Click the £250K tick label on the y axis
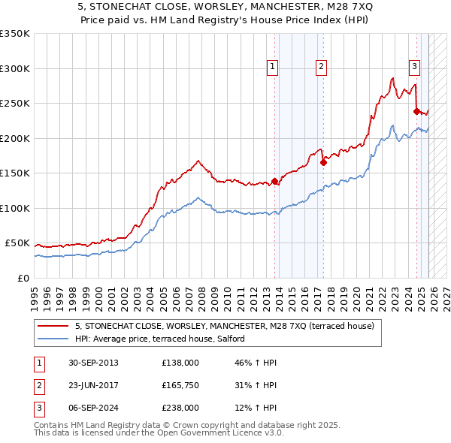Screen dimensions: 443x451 click(x=15, y=104)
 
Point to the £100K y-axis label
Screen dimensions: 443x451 click(x=15, y=208)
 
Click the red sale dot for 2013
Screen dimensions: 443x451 click(x=275, y=181)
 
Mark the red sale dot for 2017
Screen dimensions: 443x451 click(x=323, y=161)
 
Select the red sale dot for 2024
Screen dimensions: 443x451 click(x=416, y=111)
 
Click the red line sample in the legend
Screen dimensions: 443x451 click(x=53, y=327)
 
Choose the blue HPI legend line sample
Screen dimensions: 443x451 click(x=53, y=339)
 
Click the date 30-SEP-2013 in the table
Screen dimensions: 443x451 click(x=91, y=363)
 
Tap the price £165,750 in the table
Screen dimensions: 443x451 click(x=180, y=385)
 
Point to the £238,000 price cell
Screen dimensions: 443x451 click(x=180, y=408)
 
